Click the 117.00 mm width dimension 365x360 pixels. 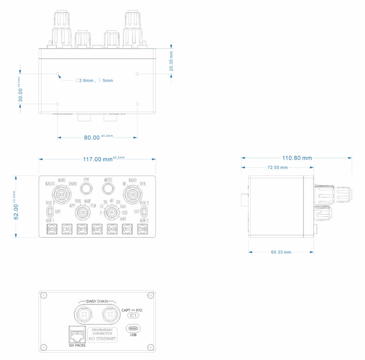tap(98, 159)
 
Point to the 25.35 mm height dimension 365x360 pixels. tap(171, 61)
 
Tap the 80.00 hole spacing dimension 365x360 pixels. tap(92, 138)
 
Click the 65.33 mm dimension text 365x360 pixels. tap(281, 252)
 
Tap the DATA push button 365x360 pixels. tap(112, 228)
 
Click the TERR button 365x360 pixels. tap(143, 228)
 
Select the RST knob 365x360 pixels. tap(61, 195)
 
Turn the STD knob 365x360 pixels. tap(132, 195)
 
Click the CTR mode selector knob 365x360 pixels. tap(83, 213)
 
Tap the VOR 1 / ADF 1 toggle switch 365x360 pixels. tap(50, 211)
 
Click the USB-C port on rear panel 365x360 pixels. tap(133, 328)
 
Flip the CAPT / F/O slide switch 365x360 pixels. tap(133, 316)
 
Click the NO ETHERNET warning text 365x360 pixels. tap(103, 339)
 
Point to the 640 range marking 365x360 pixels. tap(123, 219)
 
